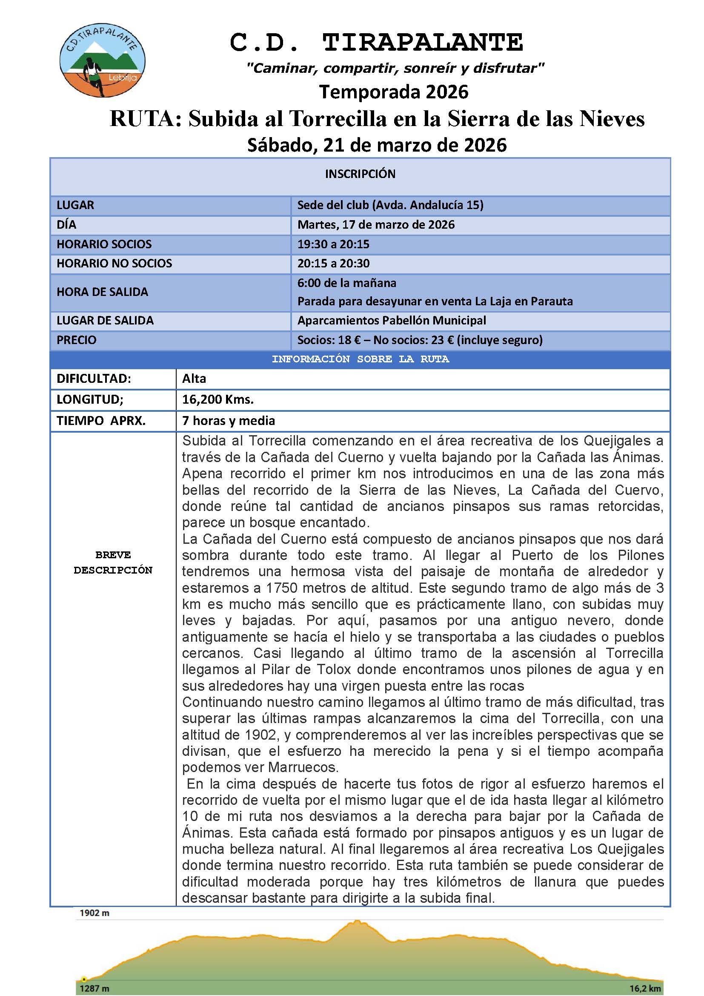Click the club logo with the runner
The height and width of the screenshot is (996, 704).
[102, 60]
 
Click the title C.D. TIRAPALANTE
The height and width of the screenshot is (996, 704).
[376, 43]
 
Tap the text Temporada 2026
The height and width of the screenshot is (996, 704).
[394, 92]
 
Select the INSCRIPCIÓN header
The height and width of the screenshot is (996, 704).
[360, 174]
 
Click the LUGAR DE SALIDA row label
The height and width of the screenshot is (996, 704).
[105, 321]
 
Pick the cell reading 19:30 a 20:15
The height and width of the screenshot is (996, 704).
[333, 244]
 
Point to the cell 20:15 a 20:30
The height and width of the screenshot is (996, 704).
[333, 263]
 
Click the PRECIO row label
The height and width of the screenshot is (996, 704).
[76, 340]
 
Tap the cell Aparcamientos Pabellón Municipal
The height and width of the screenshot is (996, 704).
[391, 321]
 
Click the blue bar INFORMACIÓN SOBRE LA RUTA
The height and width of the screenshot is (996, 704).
[360, 359]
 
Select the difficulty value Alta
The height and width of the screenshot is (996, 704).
[194, 379]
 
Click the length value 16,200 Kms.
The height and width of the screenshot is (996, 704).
[217, 399]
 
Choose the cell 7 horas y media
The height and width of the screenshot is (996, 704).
[229, 420]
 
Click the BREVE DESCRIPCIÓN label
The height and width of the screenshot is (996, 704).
[113, 562]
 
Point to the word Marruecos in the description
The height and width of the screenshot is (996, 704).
[303, 767]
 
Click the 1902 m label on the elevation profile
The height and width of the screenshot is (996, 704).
[94, 913]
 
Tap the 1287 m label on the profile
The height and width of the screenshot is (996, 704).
[94, 989]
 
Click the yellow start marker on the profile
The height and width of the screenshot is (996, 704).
[84, 979]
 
